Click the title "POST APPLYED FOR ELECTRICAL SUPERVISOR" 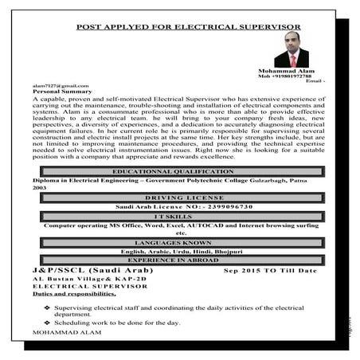tap(188, 27)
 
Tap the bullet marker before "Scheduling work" tap(48, 322)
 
